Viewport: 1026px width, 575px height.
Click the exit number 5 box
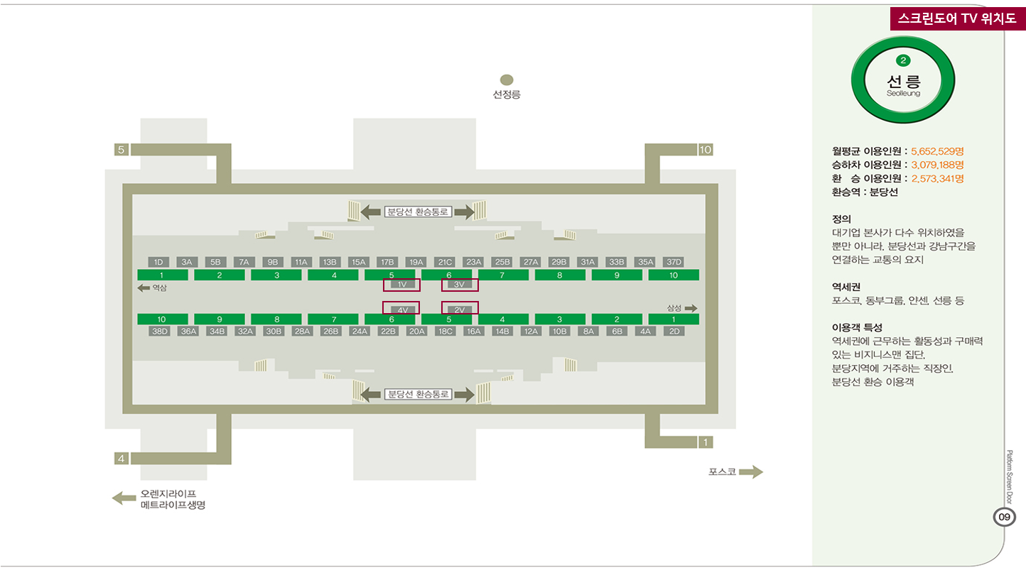[121, 150]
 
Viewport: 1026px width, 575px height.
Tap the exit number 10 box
[706, 150]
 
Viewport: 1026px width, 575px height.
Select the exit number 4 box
[121, 459]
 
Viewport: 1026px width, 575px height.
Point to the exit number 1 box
[706, 442]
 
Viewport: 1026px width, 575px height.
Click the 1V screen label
[402, 285]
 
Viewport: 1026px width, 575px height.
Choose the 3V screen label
[460, 285]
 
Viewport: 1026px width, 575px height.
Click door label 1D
[158, 262]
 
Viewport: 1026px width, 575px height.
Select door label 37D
[674, 262]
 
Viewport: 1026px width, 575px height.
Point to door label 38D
[159, 332]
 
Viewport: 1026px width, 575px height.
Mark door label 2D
[674, 332]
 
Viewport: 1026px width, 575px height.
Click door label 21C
[445, 262]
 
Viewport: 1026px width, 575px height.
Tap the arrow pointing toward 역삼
[144, 287]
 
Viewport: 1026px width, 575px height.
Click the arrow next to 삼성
[691, 308]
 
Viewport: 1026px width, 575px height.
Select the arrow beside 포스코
[751, 471]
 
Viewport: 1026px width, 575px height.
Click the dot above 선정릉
[507, 80]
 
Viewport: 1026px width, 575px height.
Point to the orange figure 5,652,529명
[937, 151]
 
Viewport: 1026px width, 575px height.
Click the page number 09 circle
[1004, 517]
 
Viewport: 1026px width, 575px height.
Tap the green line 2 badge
[903, 60]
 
